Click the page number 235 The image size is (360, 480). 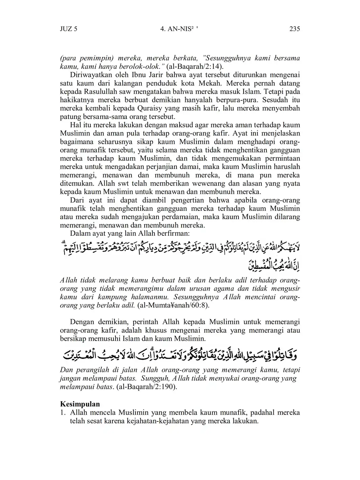[x=294, y=28]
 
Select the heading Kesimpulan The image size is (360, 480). [x=80, y=404]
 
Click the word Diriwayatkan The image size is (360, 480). [x=89, y=75]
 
